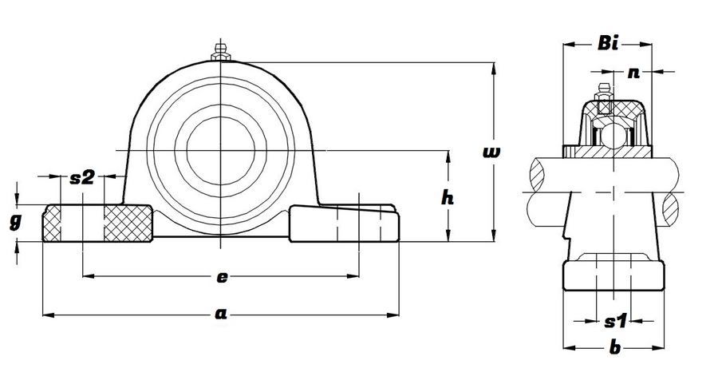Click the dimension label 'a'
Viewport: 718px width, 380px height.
click(220, 315)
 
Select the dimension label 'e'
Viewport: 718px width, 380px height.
click(223, 277)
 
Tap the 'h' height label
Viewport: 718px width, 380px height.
click(448, 199)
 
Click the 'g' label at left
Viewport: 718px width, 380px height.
click(15, 223)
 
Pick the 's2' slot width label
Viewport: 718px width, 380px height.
click(83, 177)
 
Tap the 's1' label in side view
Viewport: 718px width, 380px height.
click(614, 322)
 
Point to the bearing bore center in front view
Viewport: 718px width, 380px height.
click(220, 148)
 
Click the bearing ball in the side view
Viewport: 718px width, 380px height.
click(612, 136)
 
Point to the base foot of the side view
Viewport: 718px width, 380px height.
click(613, 274)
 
